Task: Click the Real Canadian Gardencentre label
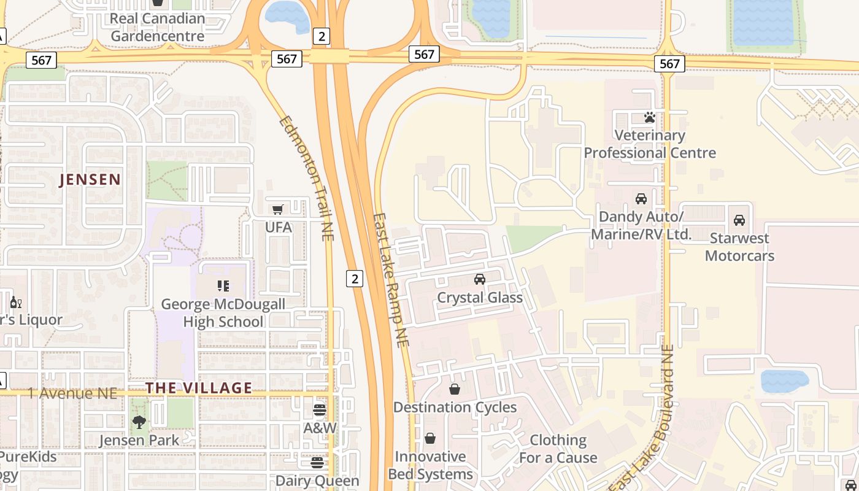(x=157, y=27)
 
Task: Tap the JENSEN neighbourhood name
(x=90, y=179)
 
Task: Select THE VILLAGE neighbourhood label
(x=199, y=388)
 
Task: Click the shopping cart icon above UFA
(x=278, y=209)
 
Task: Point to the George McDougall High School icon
(x=223, y=286)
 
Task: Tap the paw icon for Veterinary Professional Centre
(x=650, y=117)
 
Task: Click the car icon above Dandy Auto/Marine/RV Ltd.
(x=641, y=199)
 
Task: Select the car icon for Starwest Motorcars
(x=739, y=220)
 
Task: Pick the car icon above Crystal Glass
(x=480, y=279)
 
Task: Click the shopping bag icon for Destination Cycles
(x=455, y=389)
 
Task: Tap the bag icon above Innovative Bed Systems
(x=430, y=438)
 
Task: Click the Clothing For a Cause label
(x=558, y=449)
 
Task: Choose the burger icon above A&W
(x=319, y=409)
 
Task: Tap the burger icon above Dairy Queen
(x=317, y=462)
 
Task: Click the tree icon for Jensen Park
(x=139, y=422)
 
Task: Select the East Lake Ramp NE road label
(x=391, y=280)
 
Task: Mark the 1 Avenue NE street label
(x=72, y=393)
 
